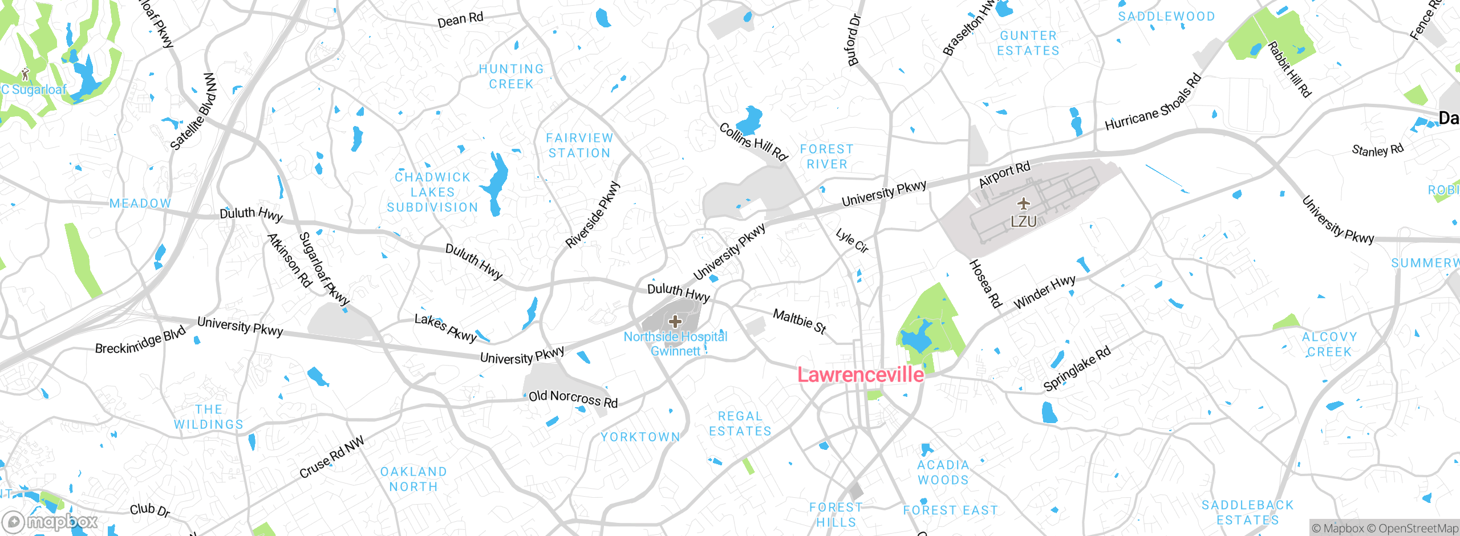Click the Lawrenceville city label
pos(860,375)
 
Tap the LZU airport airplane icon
pos(1024,204)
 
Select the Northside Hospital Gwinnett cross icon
pos(675,322)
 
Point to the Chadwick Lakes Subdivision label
pos(432,192)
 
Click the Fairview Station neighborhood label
pos(579,145)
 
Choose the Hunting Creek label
pos(511,76)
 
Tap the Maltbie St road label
pos(799,321)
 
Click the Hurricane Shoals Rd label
pos(1153,103)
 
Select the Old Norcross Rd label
pos(573,399)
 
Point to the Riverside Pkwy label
pos(593,214)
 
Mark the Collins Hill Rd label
pos(753,142)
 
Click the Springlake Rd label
pos(1077,369)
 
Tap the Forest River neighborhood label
pos(826,156)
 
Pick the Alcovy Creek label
pos(1329,344)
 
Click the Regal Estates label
pos(740,424)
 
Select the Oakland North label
pos(413,479)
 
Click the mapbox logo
pos(50,522)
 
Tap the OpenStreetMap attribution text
pos(1417,529)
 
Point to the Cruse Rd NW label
pos(331,457)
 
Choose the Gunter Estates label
pos(1028,43)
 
